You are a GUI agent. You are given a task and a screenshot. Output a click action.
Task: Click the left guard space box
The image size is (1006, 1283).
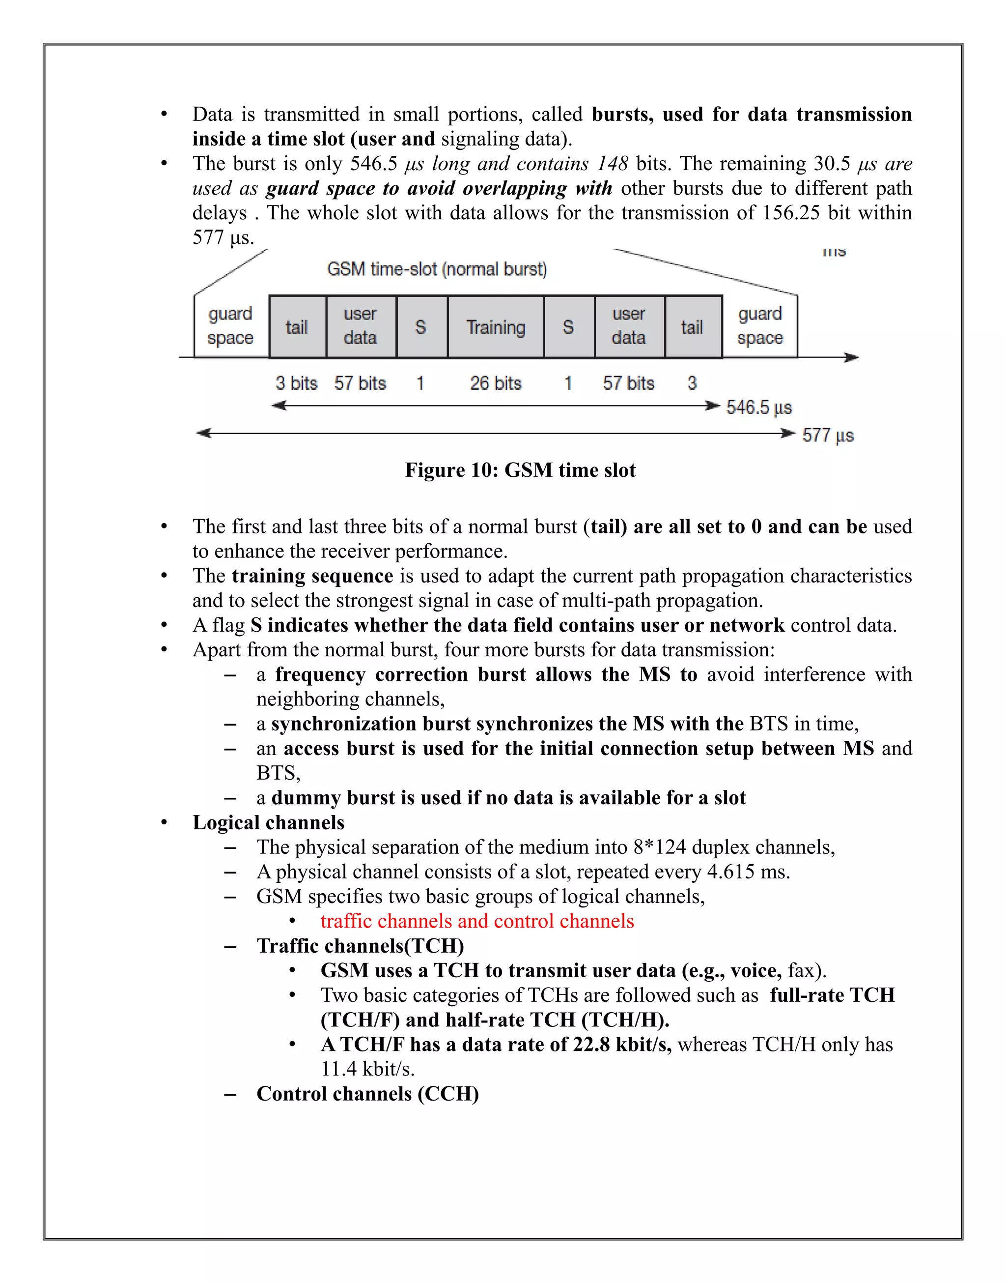click(230, 326)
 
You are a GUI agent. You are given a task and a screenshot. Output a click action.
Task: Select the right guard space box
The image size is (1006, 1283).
click(760, 326)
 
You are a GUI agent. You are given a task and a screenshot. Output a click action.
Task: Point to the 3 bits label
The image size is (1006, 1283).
click(296, 383)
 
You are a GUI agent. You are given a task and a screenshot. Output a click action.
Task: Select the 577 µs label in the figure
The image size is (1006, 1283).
click(828, 436)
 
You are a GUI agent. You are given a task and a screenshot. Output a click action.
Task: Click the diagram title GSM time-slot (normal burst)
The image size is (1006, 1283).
click(437, 269)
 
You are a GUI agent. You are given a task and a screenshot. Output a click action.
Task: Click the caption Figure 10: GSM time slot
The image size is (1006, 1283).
click(520, 470)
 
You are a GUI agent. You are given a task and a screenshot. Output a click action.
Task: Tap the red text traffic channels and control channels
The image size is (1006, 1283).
click(477, 921)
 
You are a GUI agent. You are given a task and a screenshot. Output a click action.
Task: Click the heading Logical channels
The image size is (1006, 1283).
click(269, 823)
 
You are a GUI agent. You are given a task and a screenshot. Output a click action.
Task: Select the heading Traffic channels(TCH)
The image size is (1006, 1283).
click(361, 946)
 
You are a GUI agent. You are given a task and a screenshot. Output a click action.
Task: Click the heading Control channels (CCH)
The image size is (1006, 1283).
click(367, 1094)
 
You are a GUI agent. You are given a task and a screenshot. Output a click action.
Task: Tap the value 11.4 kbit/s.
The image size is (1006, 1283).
click(367, 1069)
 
